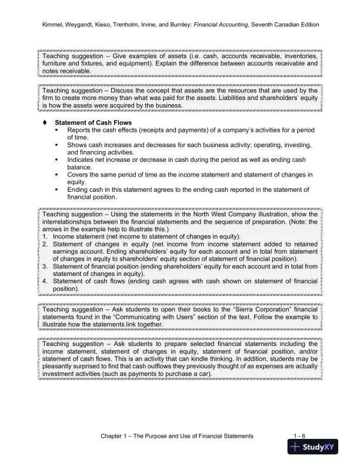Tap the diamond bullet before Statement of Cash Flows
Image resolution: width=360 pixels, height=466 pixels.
44,122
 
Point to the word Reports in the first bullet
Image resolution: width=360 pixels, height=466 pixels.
82,129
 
